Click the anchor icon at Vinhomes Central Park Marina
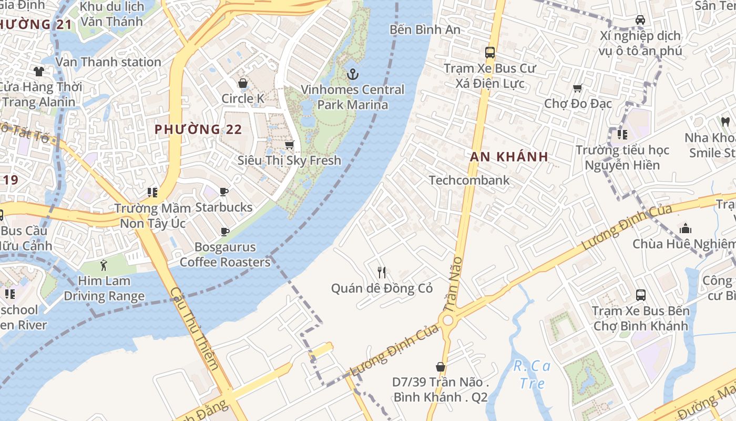(x=352, y=74)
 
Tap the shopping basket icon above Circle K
(x=243, y=83)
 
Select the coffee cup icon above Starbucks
(x=224, y=192)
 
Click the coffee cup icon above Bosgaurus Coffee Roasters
(x=225, y=232)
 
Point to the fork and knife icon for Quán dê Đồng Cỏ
(x=382, y=273)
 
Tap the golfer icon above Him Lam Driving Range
(x=104, y=265)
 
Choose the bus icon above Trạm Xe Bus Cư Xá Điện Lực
(x=490, y=53)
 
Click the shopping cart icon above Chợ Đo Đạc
(x=577, y=88)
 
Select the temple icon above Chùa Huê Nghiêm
(x=685, y=228)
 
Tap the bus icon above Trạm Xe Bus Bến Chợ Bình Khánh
(x=640, y=295)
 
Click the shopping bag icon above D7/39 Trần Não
(x=441, y=366)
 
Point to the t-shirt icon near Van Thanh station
(x=39, y=71)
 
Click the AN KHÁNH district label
(x=509, y=157)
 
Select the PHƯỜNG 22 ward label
(x=198, y=129)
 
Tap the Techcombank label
(x=469, y=181)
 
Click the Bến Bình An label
(x=425, y=30)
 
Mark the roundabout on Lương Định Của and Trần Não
(x=447, y=320)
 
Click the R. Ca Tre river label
(x=532, y=374)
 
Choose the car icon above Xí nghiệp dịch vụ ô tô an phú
(x=640, y=20)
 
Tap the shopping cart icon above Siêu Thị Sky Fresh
(x=289, y=145)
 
